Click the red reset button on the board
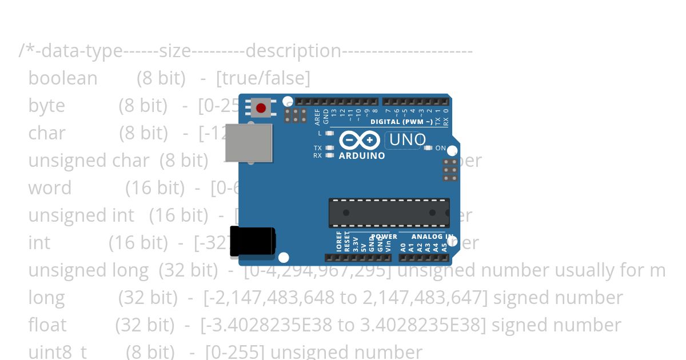tap(261, 108)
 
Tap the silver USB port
tap(249, 143)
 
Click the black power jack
tap(252, 242)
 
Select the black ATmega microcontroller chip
tap(389, 213)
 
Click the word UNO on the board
tap(407, 140)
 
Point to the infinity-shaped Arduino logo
tap(360, 140)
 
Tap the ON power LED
tap(428, 148)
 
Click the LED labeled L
tap(329, 133)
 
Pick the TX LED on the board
tap(329, 148)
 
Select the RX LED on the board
tap(329, 155)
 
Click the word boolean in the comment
tap(63, 78)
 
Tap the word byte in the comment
tap(46, 106)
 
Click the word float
tap(47, 325)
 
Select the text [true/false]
tap(263, 78)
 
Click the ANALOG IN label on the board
tap(432, 237)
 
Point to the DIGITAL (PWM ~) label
tap(402, 122)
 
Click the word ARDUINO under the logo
tap(362, 155)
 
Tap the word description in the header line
tap(293, 51)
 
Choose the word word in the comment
tap(50, 188)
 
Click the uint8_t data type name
tap(57, 352)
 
